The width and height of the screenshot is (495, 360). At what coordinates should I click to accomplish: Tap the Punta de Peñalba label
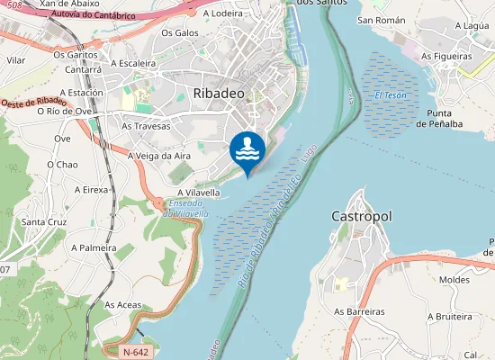click(452, 118)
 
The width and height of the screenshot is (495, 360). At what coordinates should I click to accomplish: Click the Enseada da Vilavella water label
click(186, 209)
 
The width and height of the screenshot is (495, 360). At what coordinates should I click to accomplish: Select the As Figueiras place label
click(447, 56)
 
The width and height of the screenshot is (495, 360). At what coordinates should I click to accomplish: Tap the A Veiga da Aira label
click(159, 156)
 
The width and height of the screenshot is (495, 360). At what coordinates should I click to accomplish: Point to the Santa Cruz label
click(45, 221)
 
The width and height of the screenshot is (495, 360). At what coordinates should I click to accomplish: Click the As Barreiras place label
click(359, 311)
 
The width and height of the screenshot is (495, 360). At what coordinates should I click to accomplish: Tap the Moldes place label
click(455, 280)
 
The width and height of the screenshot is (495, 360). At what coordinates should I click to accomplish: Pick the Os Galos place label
click(179, 33)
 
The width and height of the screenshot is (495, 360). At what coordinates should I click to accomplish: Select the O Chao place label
click(62, 165)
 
